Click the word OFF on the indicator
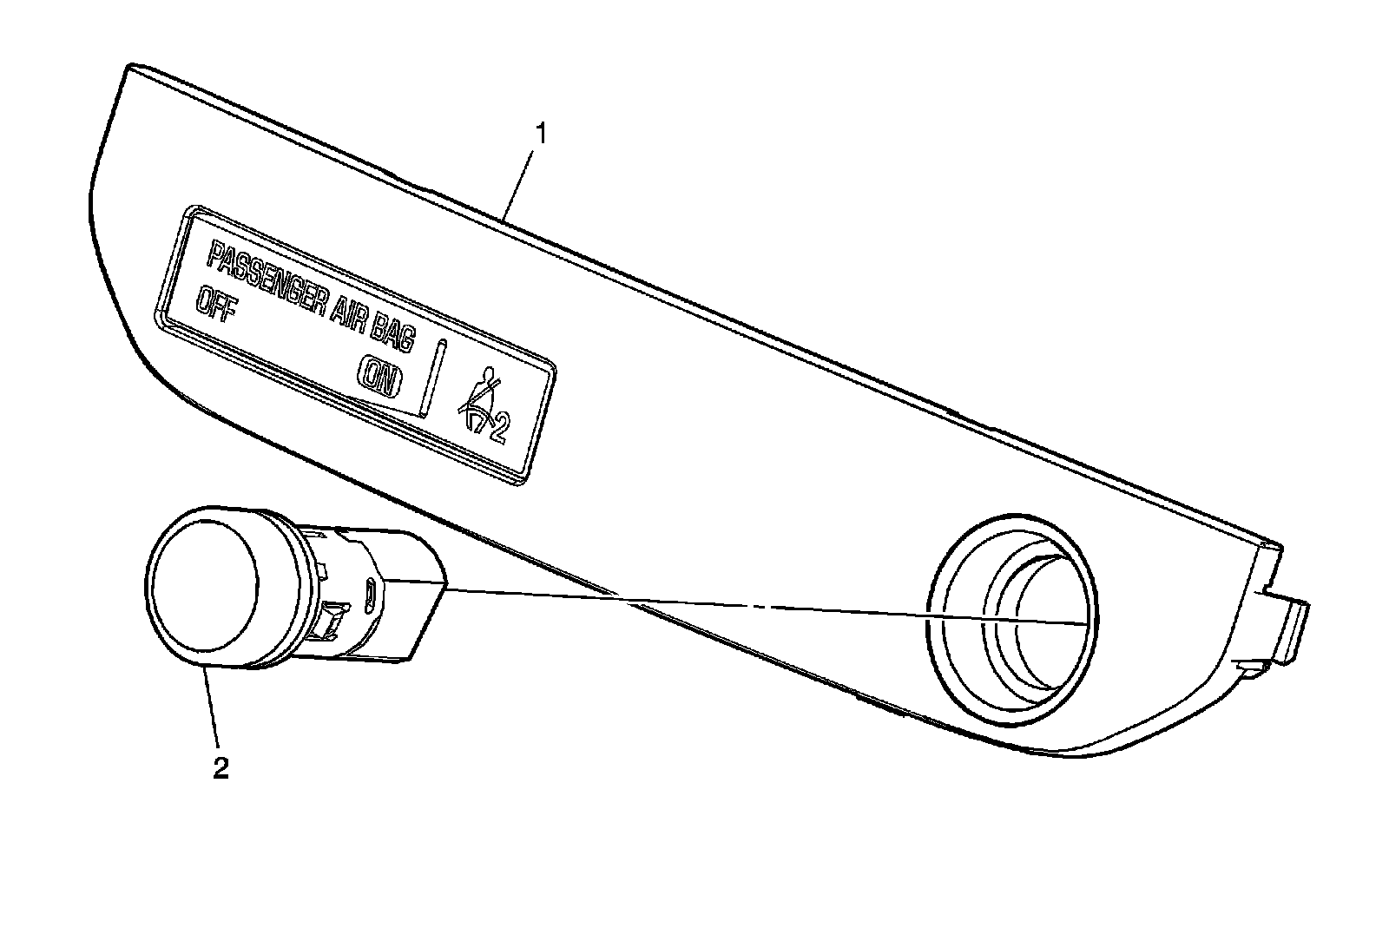215,306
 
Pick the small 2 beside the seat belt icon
499,430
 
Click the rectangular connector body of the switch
408,608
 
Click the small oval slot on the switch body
370,595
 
